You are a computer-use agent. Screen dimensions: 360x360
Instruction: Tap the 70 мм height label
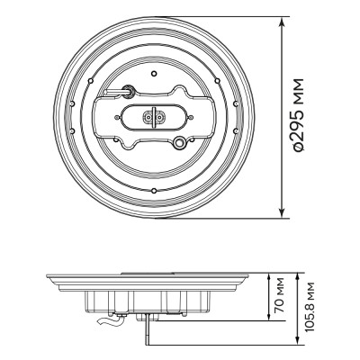coord(280,292)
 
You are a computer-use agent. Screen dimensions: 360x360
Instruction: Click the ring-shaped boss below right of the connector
coord(183,142)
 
